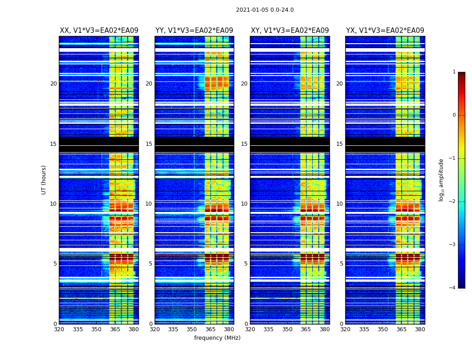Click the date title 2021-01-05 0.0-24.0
tap(265, 10)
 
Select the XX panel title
tap(99, 31)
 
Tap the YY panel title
tap(194, 31)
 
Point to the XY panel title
tap(290, 31)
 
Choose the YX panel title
tap(385, 31)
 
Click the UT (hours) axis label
tap(44, 180)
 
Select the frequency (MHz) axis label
tap(217, 338)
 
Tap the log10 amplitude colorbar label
tap(441, 180)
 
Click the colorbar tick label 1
tap(454, 72)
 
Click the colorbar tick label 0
tap(454, 115)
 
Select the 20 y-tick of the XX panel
tap(53, 84)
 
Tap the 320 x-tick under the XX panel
tap(59, 329)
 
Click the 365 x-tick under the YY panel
tap(210, 329)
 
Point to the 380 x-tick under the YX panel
tap(420, 329)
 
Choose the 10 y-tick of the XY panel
tap(244, 204)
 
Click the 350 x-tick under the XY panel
tap(287, 329)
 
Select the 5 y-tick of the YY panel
tap(151, 264)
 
